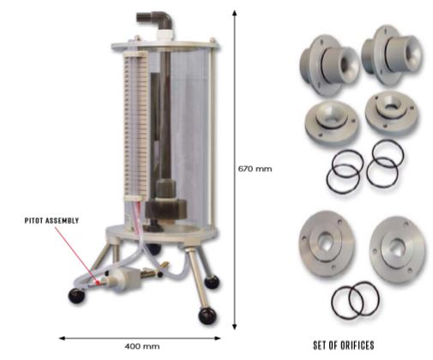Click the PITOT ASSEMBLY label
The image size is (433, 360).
point(51,220)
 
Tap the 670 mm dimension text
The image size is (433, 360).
point(255,169)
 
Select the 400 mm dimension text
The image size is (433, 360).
point(141,346)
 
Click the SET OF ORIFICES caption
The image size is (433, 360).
point(344,345)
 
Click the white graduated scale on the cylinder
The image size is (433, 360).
point(136,126)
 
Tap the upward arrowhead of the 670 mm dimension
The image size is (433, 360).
point(234,14)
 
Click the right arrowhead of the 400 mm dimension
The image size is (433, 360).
point(218,339)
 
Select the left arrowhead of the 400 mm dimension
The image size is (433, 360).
point(63,339)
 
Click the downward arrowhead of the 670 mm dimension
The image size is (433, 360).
point(234,327)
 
